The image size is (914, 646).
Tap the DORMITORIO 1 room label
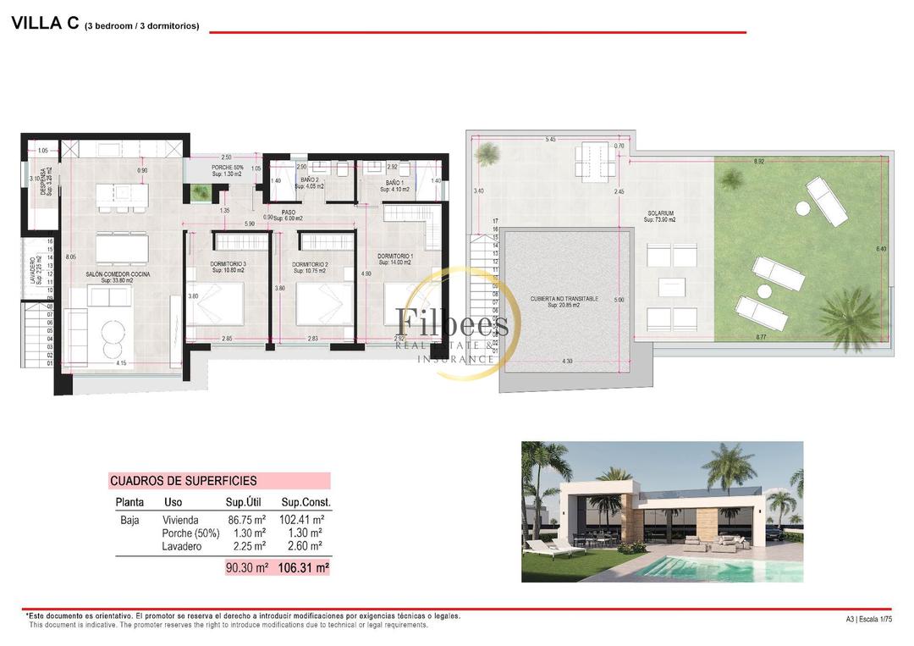point(395,256)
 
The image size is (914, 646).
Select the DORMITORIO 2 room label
point(310,264)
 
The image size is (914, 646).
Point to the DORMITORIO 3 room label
point(228,264)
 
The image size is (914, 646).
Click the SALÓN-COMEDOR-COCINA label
point(118,274)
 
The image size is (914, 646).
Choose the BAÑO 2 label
point(310,180)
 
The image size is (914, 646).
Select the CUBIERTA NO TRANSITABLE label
point(564,299)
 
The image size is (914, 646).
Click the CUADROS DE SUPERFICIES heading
point(184,481)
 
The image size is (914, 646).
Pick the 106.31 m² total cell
point(303,568)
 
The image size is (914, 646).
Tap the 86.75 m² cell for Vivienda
point(247,520)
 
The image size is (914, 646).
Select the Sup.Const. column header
point(306,502)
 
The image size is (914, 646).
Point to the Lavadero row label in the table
point(182,547)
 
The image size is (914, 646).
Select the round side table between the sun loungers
point(764,291)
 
